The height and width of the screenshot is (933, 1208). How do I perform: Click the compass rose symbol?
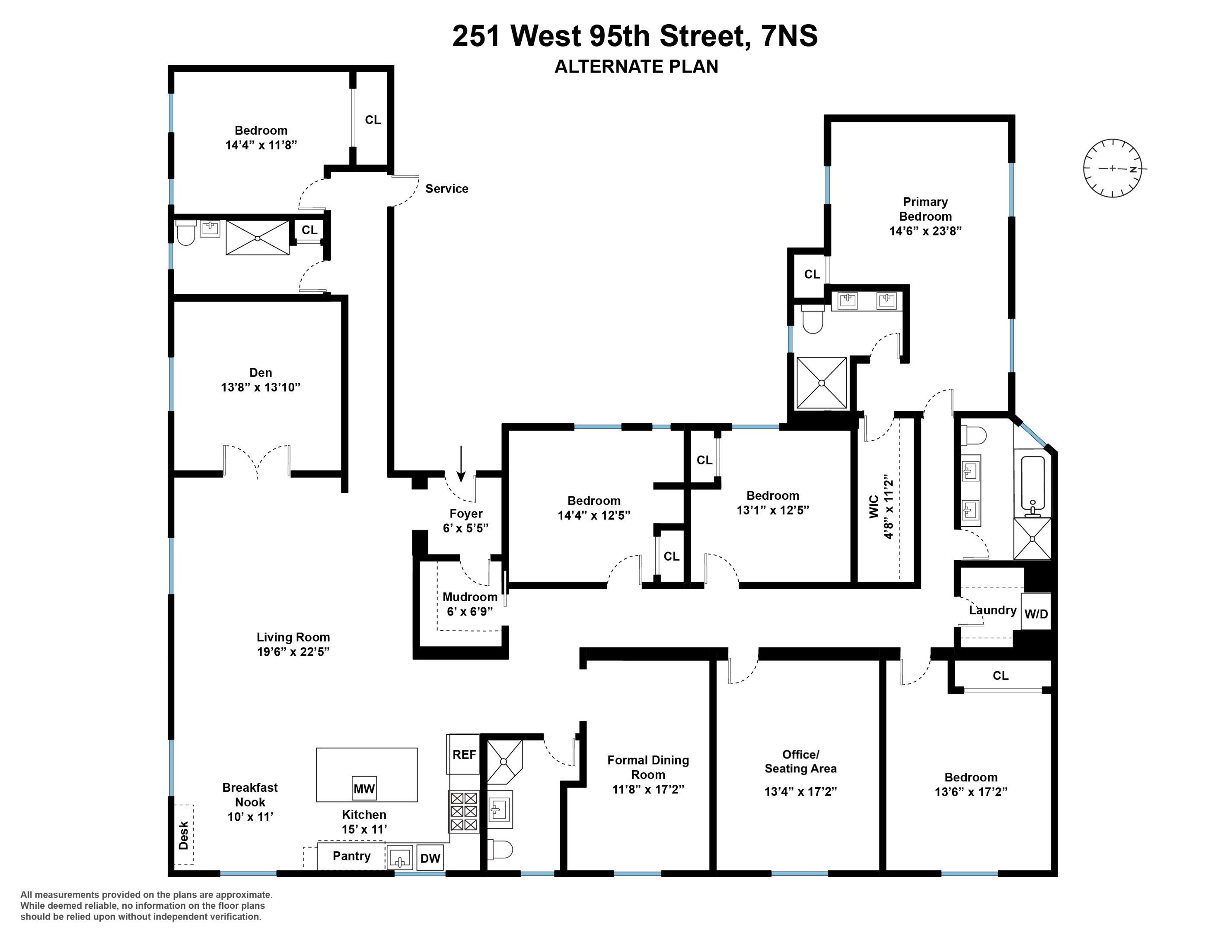pos(1112,168)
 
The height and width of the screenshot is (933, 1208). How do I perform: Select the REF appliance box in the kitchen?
pos(463,755)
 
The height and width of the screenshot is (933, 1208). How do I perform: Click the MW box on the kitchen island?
pos(364,788)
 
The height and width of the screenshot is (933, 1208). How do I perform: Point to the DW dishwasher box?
pos(430,858)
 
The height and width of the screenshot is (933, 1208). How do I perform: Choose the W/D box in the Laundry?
pos(1036,613)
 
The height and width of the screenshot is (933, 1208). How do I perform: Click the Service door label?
pos(446,188)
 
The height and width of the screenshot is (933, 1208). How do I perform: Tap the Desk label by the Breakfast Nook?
pos(184,835)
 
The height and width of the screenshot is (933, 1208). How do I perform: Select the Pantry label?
pos(351,856)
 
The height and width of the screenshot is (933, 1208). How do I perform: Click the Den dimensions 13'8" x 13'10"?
pos(261,387)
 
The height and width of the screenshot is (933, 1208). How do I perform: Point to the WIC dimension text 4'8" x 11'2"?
pos(889,506)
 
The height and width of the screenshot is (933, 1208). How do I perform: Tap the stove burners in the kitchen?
pos(463,811)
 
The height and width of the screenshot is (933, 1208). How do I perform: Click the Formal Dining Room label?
pos(648,767)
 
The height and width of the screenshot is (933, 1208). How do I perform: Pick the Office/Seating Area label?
pos(800,761)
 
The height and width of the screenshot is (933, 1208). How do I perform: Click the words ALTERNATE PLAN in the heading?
pos(636,67)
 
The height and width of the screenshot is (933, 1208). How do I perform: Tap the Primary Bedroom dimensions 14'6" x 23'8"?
pos(925,231)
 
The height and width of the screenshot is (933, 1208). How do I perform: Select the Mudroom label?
pos(470,597)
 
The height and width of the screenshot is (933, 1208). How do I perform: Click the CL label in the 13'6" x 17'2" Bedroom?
pos(1000,676)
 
